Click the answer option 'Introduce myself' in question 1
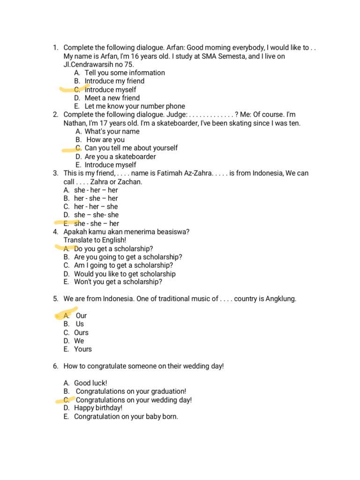(x=110, y=90)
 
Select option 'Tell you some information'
(x=125, y=73)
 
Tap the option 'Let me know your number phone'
(x=135, y=106)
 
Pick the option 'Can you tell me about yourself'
(x=131, y=148)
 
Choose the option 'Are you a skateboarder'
(x=120, y=157)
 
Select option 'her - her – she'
(x=96, y=207)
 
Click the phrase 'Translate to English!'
(x=95, y=240)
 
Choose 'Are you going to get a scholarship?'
(x=128, y=257)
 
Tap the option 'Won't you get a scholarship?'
(x=118, y=282)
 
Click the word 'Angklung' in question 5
(x=280, y=299)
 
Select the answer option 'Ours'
(x=81, y=333)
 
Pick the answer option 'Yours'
(x=83, y=349)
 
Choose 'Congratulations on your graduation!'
(x=131, y=391)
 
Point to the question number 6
(x=55, y=366)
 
